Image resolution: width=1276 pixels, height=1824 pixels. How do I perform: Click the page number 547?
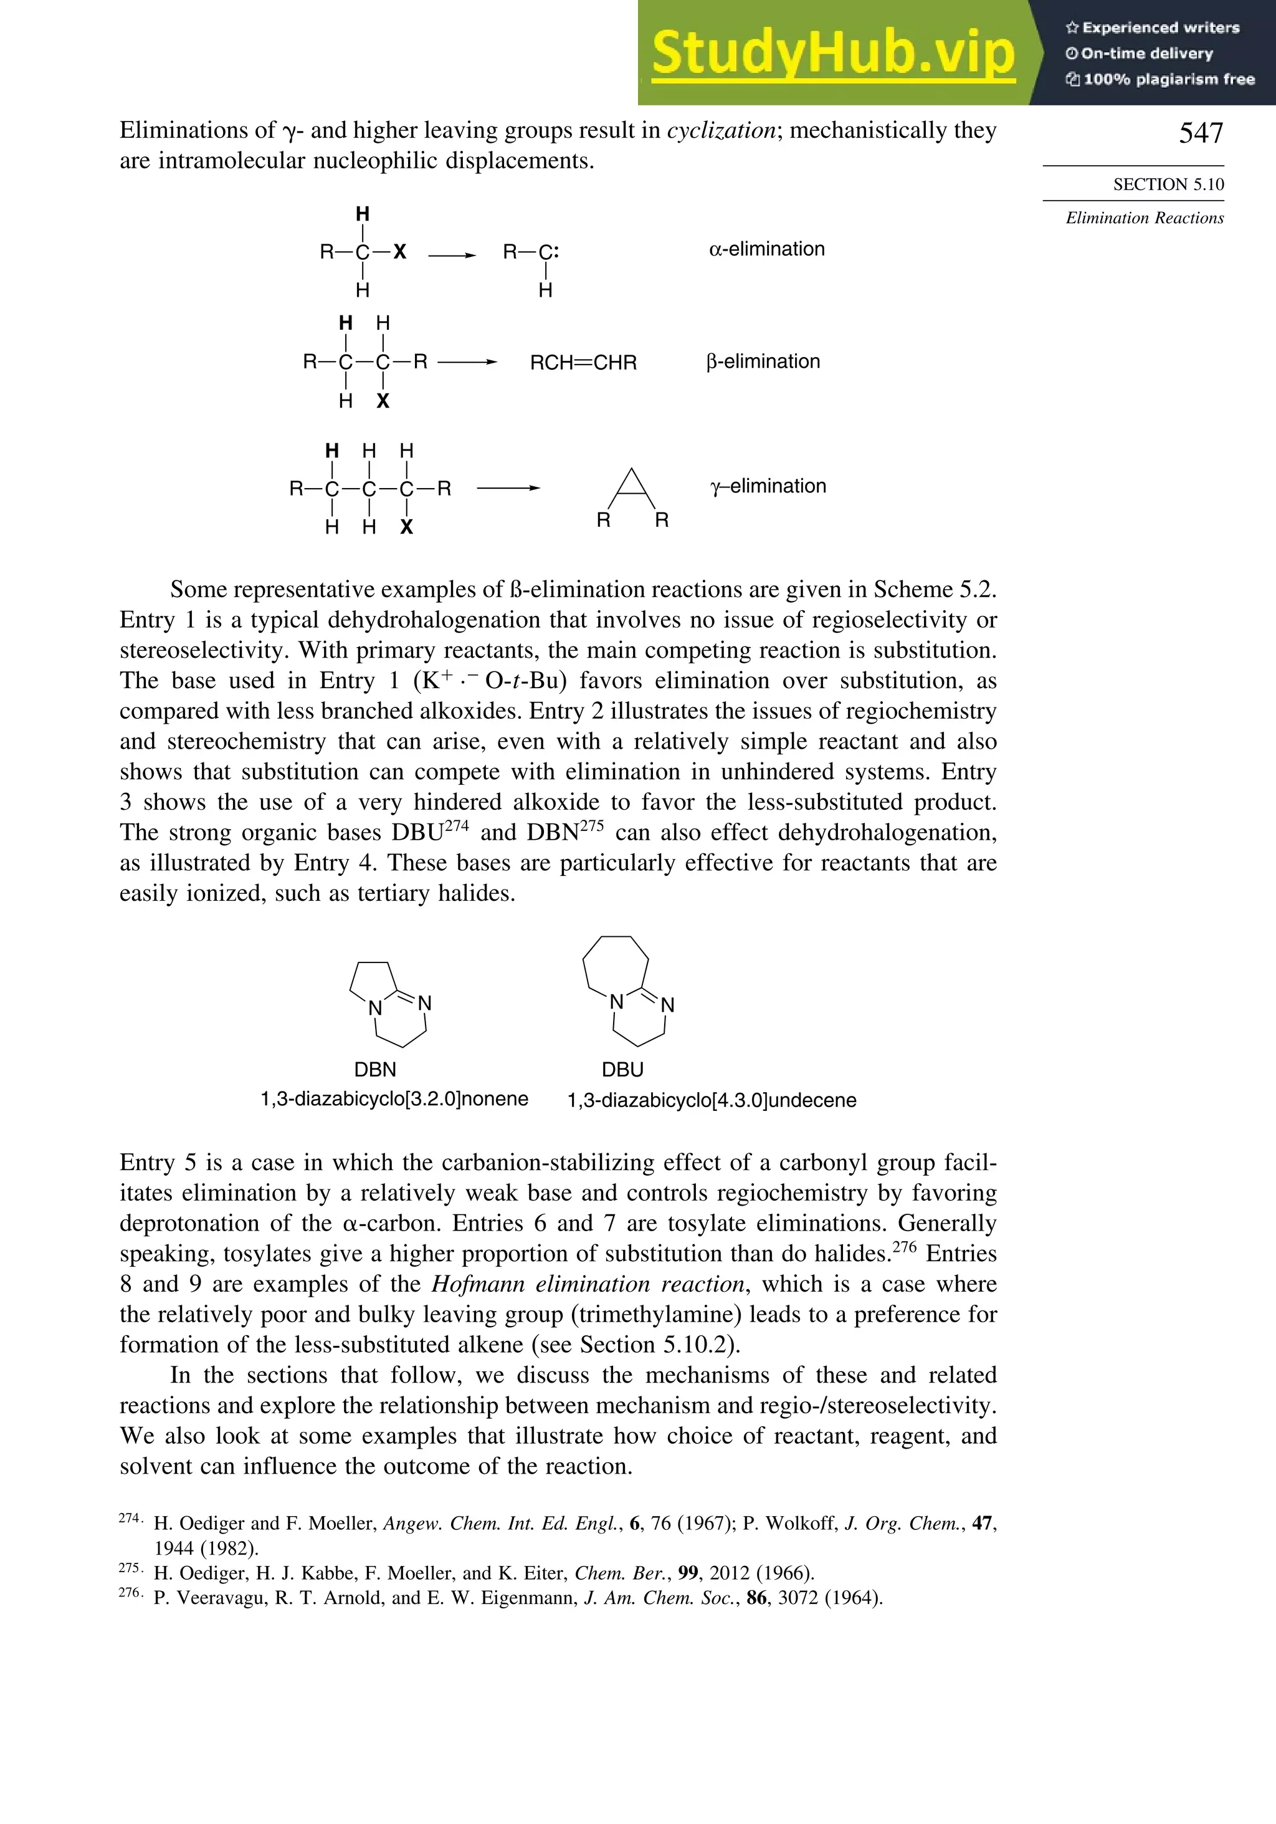pyautogui.click(x=1201, y=133)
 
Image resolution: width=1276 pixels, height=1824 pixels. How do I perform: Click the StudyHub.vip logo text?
pyautogui.click(x=833, y=53)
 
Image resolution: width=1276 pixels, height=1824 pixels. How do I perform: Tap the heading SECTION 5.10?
pyautogui.click(x=1168, y=185)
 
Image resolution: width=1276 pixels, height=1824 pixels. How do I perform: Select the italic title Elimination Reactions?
pyautogui.click(x=1144, y=218)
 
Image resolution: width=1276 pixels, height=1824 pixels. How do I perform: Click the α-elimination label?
pyautogui.click(x=766, y=249)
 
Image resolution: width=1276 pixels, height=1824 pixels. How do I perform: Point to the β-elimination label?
pyautogui.click(x=763, y=362)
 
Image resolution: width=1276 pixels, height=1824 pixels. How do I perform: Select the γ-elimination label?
pyautogui.click(x=768, y=486)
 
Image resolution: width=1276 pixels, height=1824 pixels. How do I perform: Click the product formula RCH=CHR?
pyautogui.click(x=583, y=363)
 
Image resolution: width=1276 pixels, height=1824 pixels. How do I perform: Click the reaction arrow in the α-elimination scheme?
pyautogui.click(x=451, y=255)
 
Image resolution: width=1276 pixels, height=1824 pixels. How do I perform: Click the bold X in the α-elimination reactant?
pyautogui.click(x=400, y=252)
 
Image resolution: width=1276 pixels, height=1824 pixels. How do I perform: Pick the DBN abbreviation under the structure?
pyautogui.click(x=375, y=1069)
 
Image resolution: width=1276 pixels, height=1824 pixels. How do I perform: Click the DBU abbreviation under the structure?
pyautogui.click(x=622, y=1069)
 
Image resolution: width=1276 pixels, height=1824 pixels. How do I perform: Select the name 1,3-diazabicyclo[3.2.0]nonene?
pyautogui.click(x=394, y=1098)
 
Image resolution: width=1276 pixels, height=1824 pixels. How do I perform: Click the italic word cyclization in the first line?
pyautogui.click(x=720, y=130)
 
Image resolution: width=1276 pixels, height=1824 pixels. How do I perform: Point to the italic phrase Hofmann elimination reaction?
pyautogui.click(x=588, y=1285)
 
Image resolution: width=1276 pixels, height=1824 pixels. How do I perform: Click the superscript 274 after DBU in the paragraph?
pyautogui.click(x=457, y=826)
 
